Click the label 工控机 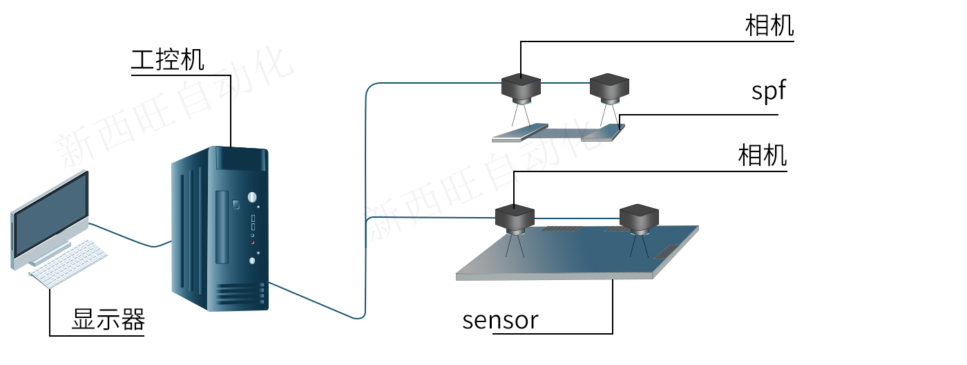coord(168,59)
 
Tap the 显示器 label coord(108,320)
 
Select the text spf coord(769,91)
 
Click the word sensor coord(500,319)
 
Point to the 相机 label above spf coord(769,26)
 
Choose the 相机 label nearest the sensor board coord(763,156)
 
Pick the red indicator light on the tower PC coord(253,242)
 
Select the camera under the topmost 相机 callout coord(521,87)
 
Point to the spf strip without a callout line coord(519,133)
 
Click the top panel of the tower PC coord(240,159)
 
